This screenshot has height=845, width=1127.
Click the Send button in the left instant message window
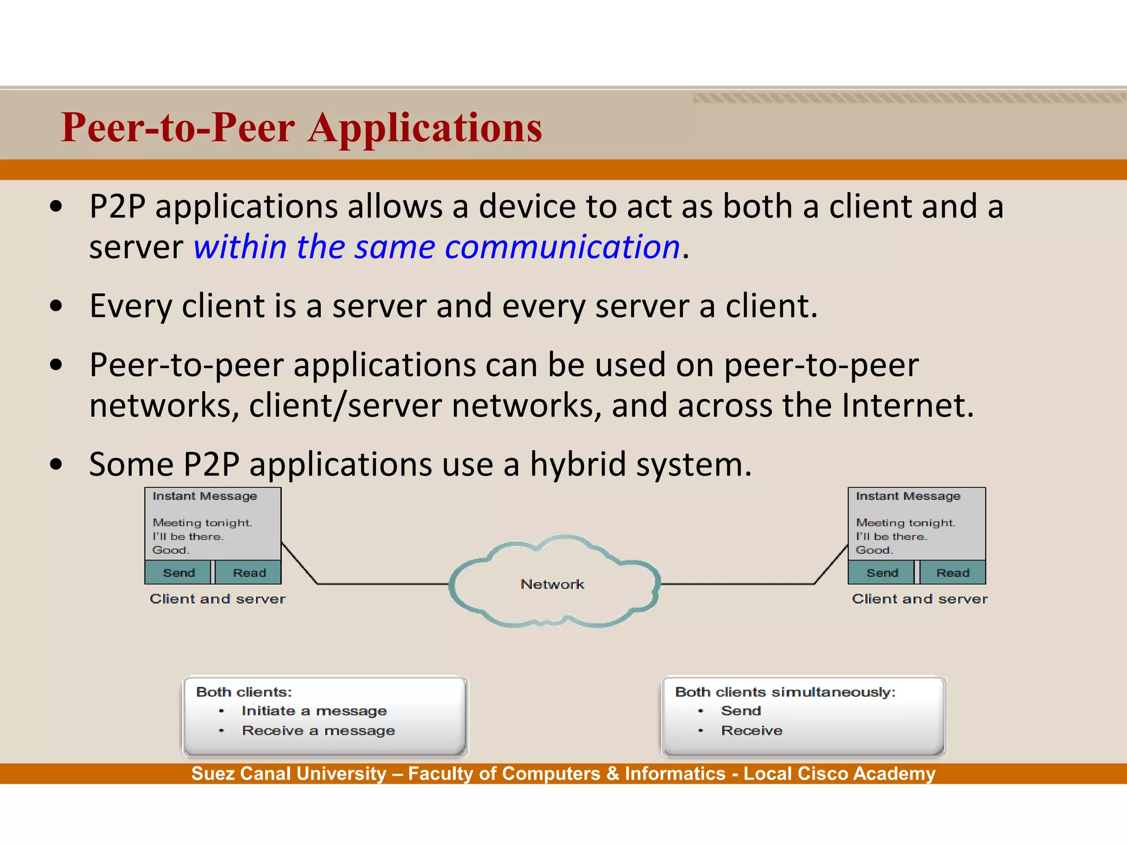178,573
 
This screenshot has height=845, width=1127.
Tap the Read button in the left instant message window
249,573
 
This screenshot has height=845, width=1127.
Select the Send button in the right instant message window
882,573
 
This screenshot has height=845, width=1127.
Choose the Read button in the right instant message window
953,573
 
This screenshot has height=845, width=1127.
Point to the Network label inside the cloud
552,584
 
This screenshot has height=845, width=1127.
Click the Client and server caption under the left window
217,599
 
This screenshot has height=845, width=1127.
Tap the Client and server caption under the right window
920,599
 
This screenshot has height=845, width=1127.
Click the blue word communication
562,246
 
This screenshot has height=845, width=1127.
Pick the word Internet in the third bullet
907,405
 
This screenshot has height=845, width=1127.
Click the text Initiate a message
314,711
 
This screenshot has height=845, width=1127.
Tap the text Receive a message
318,731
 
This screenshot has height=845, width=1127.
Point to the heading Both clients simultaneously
785,692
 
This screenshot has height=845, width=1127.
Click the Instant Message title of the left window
205,496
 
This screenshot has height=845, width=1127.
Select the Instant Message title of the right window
908,496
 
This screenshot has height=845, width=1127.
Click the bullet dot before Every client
56,306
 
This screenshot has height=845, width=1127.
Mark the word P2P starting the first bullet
117,207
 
